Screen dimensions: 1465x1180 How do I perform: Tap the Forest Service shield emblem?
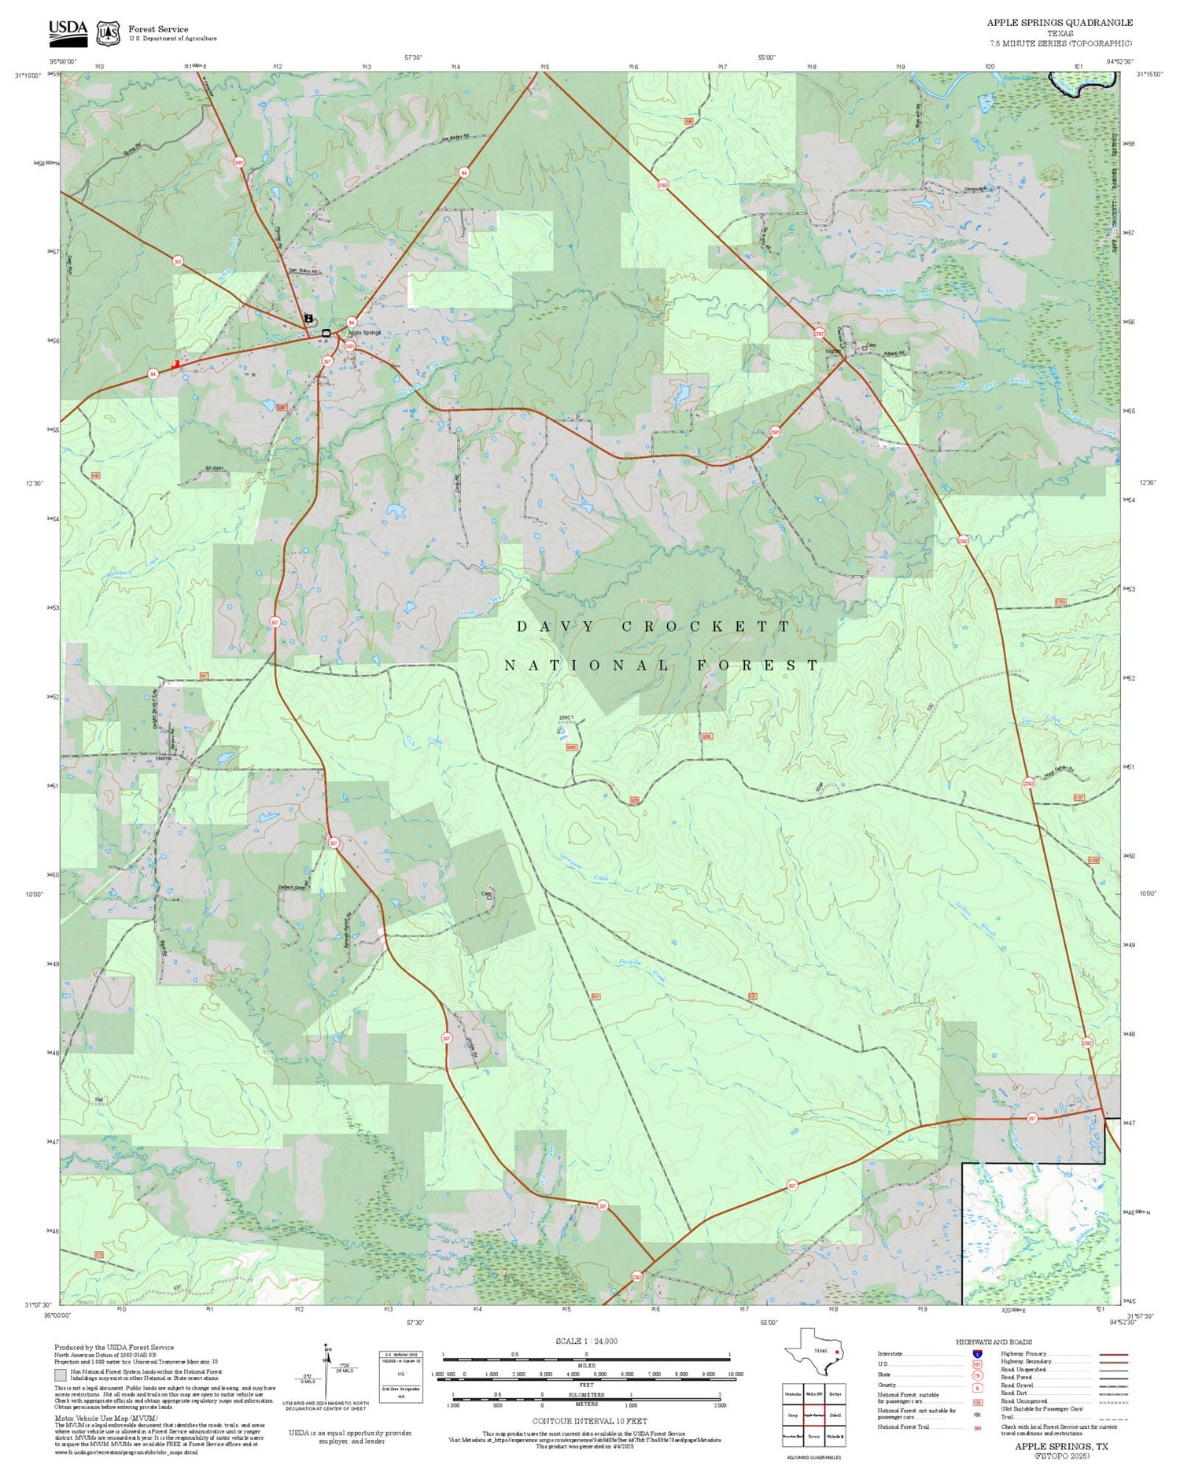(108, 33)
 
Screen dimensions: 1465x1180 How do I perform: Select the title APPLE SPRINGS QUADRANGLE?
(1060, 23)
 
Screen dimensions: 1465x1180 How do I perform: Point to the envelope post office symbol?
(326, 334)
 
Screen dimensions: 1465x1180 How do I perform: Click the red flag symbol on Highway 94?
(175, 365)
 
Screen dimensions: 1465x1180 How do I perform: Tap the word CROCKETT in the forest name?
(706, 627)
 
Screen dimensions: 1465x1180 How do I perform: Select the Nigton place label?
(832, 352)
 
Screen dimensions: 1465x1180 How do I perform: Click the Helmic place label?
(164, 758)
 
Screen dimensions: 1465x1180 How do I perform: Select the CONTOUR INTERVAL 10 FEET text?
(589, 1421)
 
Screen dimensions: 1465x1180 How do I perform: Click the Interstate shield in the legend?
(977, 1353)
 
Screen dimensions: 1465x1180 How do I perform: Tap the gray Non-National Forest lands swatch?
(61, 1375)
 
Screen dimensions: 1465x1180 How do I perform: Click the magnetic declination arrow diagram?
(327, 1374)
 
